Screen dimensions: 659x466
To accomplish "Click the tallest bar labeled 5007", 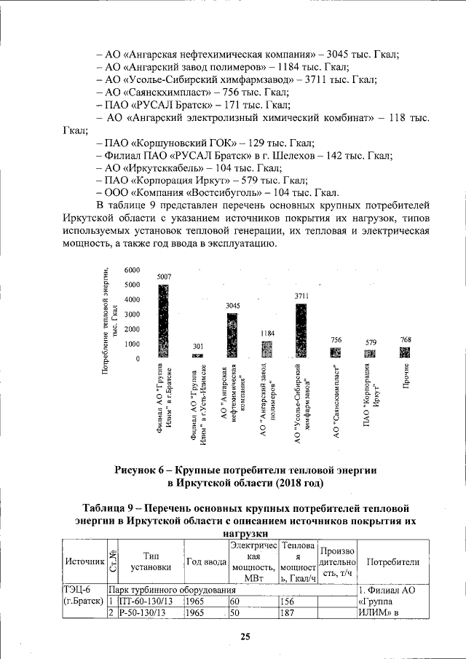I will coord(163,320).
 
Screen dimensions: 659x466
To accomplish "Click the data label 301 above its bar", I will coord(197,346).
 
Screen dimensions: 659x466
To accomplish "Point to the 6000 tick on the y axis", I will coord(132,269).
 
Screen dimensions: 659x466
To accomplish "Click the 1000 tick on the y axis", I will coord(132,344).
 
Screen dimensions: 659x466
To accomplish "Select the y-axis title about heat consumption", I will coord(110,320).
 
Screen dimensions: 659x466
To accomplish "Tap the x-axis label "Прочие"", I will coord(405,375).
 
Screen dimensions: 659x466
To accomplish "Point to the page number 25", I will coord(245,637).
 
